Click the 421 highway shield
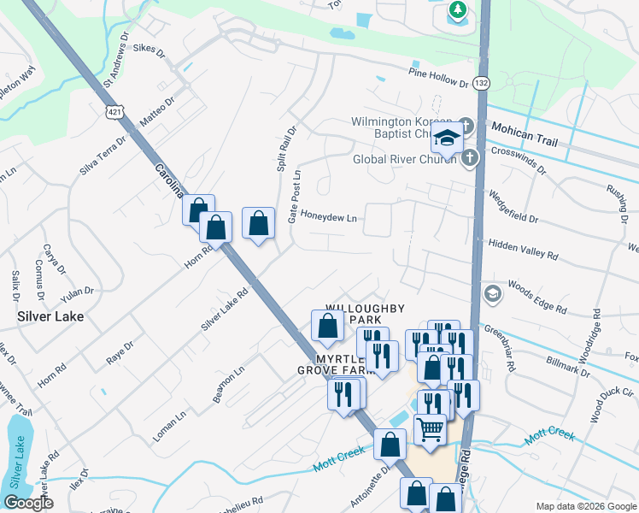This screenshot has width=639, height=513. [x=114, y=112]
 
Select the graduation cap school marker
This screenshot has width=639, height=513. [x=446, y=136]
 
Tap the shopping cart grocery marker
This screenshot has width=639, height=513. [x=431, y=427]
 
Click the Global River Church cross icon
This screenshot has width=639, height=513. [x=469, y=158]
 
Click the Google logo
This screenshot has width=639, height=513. [x=28, y=502]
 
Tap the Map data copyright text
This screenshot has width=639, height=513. [x=585, y=505]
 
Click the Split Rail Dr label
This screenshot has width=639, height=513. [x=286, y=150]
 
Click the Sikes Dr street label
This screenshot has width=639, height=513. [x=147, y=50]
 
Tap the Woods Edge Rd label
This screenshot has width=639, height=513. [x=536, y=296]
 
